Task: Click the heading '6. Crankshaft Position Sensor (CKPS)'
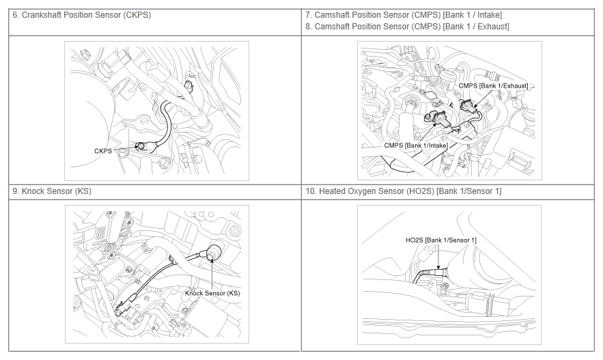(x=81, y=15)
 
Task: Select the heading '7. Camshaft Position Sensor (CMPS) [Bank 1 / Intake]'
(x=404, y=15)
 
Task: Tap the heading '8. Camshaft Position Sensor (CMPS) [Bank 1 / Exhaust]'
(x=407, y=27)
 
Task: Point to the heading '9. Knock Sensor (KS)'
(x=52, y=191)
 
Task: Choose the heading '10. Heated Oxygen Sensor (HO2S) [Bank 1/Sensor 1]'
(x=404, y=191)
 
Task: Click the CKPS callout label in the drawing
(x=103, y=151)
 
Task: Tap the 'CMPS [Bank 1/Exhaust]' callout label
(x=493, y=86)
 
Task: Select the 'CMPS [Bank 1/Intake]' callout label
(x=416, y=146)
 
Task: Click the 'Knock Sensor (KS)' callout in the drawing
(x=212, y=293)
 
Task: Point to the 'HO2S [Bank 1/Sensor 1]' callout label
(x=440, y=240)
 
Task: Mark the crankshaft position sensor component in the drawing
(x=141, y=146)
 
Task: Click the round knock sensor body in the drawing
(x=215, y=252)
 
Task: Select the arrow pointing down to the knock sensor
(x=212, y=272)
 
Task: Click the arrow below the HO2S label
(x=438, y=257)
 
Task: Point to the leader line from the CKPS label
(x=126, y=148)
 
